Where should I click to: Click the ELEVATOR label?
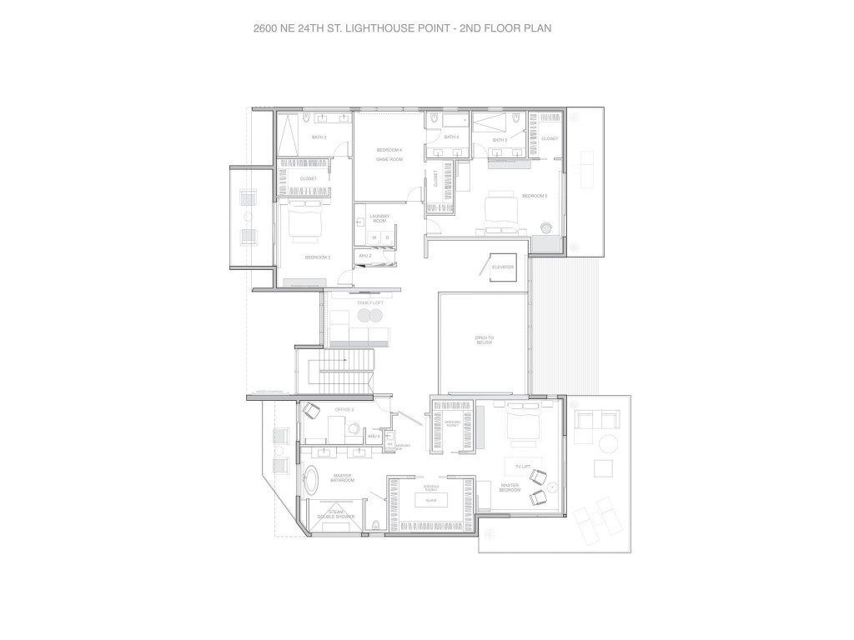coord(503,267)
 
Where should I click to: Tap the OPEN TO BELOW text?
coord(485,338)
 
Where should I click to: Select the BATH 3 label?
coord(319,137)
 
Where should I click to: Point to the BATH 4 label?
coord(451,137)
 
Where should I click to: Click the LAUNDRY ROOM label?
coord(379,219)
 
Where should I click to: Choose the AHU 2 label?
coord(365,255)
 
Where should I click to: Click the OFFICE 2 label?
coord(344,410)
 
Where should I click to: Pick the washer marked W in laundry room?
coord(374,238)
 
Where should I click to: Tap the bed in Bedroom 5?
coord(501,206)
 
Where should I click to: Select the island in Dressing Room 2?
coord(430,501)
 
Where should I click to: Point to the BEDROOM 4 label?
coord(389,150)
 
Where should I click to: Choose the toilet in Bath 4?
coord(435,122)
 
